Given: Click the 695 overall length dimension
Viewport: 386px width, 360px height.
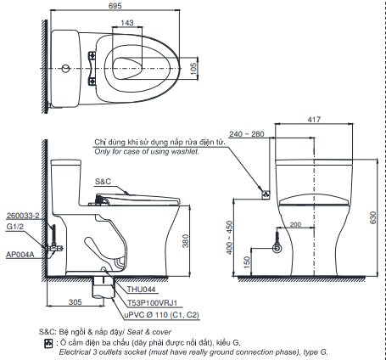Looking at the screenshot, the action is (x=115, y=6).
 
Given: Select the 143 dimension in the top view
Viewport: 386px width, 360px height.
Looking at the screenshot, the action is (x=127, y=23).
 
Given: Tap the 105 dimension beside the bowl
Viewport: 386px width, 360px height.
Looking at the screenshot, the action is (x=193, y=69).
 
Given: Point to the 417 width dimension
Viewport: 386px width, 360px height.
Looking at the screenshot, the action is (x=314, y=120).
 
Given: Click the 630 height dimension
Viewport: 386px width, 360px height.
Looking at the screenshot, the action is (x=373, y=217).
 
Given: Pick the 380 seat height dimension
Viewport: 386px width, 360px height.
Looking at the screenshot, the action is (x=185, y=241).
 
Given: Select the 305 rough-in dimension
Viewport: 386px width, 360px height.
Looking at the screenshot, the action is (x=76, y=302).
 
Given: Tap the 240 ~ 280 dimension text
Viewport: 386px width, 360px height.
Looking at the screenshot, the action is (x=247, y=134).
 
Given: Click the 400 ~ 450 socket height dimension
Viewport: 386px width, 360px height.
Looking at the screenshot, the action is (x=229, y=238).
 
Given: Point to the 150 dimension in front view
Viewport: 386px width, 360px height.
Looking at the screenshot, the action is (x=247, y=262).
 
